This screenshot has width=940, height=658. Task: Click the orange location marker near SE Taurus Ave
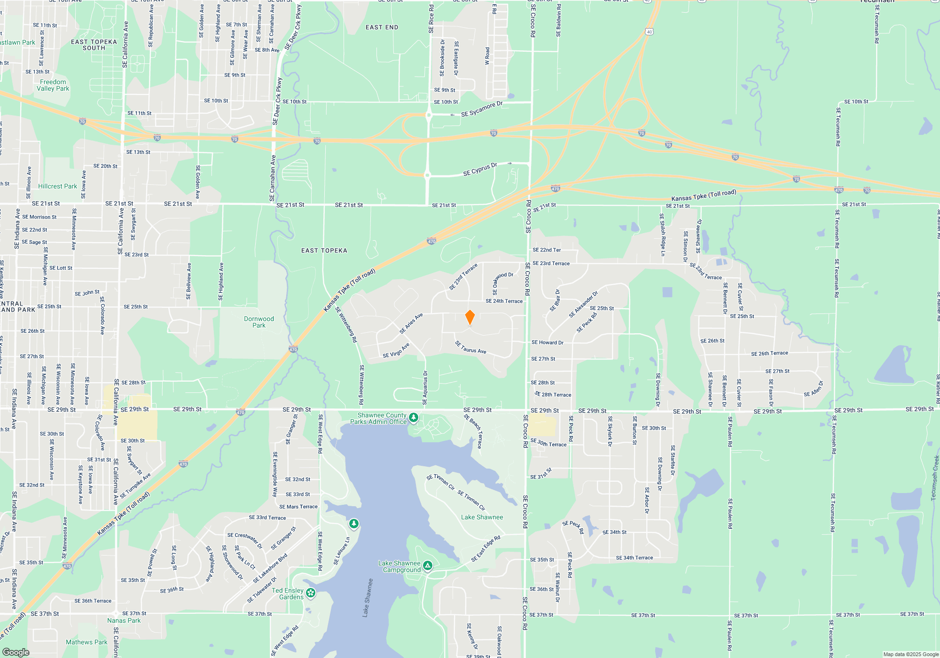470,317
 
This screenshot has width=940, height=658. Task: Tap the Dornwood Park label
259,322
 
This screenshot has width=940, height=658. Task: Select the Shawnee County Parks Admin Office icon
414,417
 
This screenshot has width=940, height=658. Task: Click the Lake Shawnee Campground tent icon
428,565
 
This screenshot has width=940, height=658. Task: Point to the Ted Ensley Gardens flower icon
311,593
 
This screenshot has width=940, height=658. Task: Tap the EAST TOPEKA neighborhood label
324,251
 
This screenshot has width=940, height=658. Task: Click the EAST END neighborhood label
382,27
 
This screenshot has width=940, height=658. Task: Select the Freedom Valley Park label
53,85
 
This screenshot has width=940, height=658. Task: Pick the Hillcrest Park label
57,186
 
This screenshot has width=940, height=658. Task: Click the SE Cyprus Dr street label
480,170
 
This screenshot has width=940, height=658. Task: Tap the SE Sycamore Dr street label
482,110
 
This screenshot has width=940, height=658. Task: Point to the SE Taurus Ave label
470,347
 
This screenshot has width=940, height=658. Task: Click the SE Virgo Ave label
396,351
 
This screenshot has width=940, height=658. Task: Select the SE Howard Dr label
548,342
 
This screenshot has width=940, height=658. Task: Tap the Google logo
16,652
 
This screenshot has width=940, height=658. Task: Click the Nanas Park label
124,620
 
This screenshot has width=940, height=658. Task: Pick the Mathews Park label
86,642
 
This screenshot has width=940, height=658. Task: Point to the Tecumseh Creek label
935,478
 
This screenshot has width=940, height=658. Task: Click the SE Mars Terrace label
298,507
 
